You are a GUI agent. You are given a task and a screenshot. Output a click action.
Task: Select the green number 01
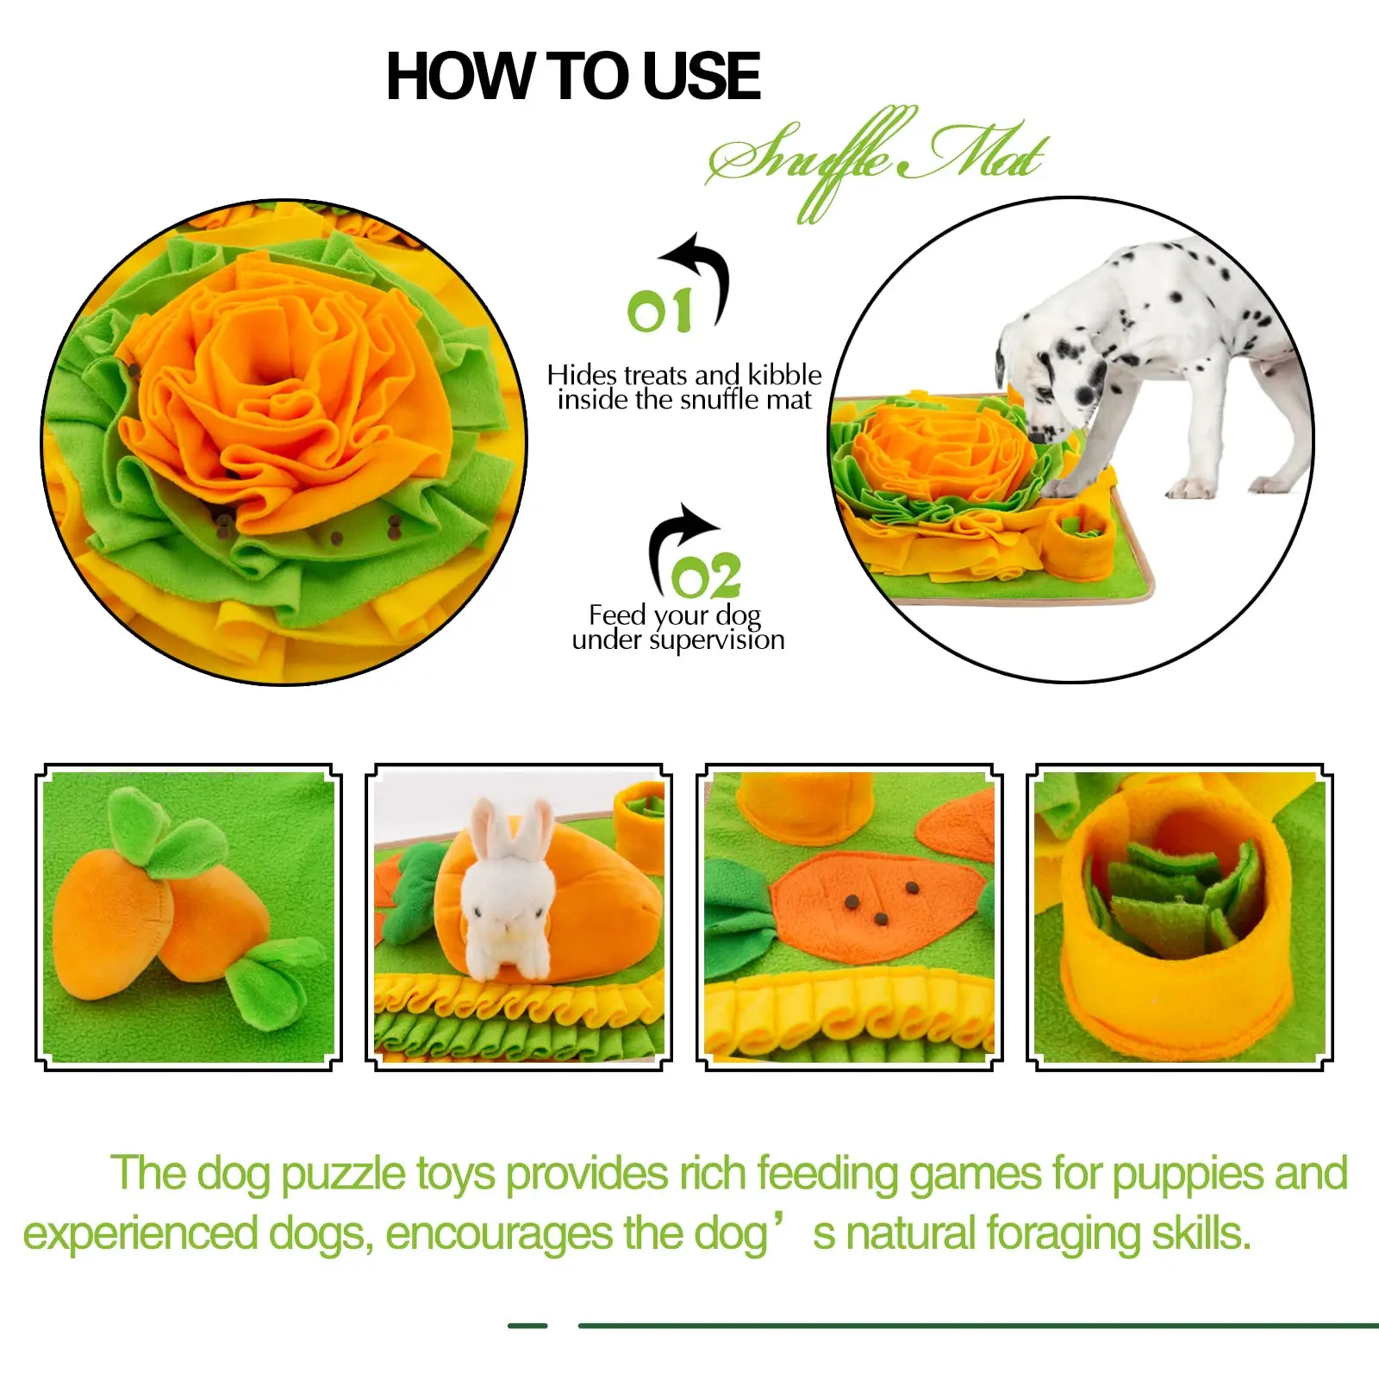(659, 311)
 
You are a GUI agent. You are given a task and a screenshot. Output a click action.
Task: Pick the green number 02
(706, 577)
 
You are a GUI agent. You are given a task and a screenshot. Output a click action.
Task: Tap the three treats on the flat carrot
(882, 902)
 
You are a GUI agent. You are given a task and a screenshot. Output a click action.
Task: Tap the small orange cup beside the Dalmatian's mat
(1078, 539)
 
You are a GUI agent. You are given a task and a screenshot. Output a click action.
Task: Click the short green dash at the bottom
(527, 1326)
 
